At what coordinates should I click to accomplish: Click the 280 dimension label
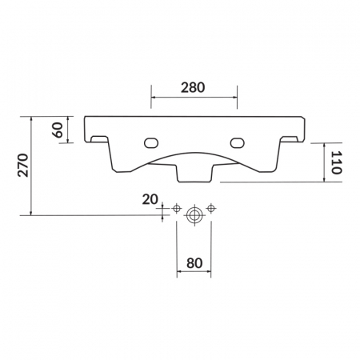[193, 87]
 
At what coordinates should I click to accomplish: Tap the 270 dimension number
[23, 165]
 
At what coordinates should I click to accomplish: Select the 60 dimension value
[58, 130]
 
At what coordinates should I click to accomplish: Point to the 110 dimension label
[337, 162]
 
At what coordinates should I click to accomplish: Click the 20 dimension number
[150, 199]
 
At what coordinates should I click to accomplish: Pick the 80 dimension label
[194, 263]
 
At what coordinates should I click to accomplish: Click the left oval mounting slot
[151, 143]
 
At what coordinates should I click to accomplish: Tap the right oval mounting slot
[238, 142]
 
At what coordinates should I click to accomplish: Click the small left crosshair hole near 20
[177, 208]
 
